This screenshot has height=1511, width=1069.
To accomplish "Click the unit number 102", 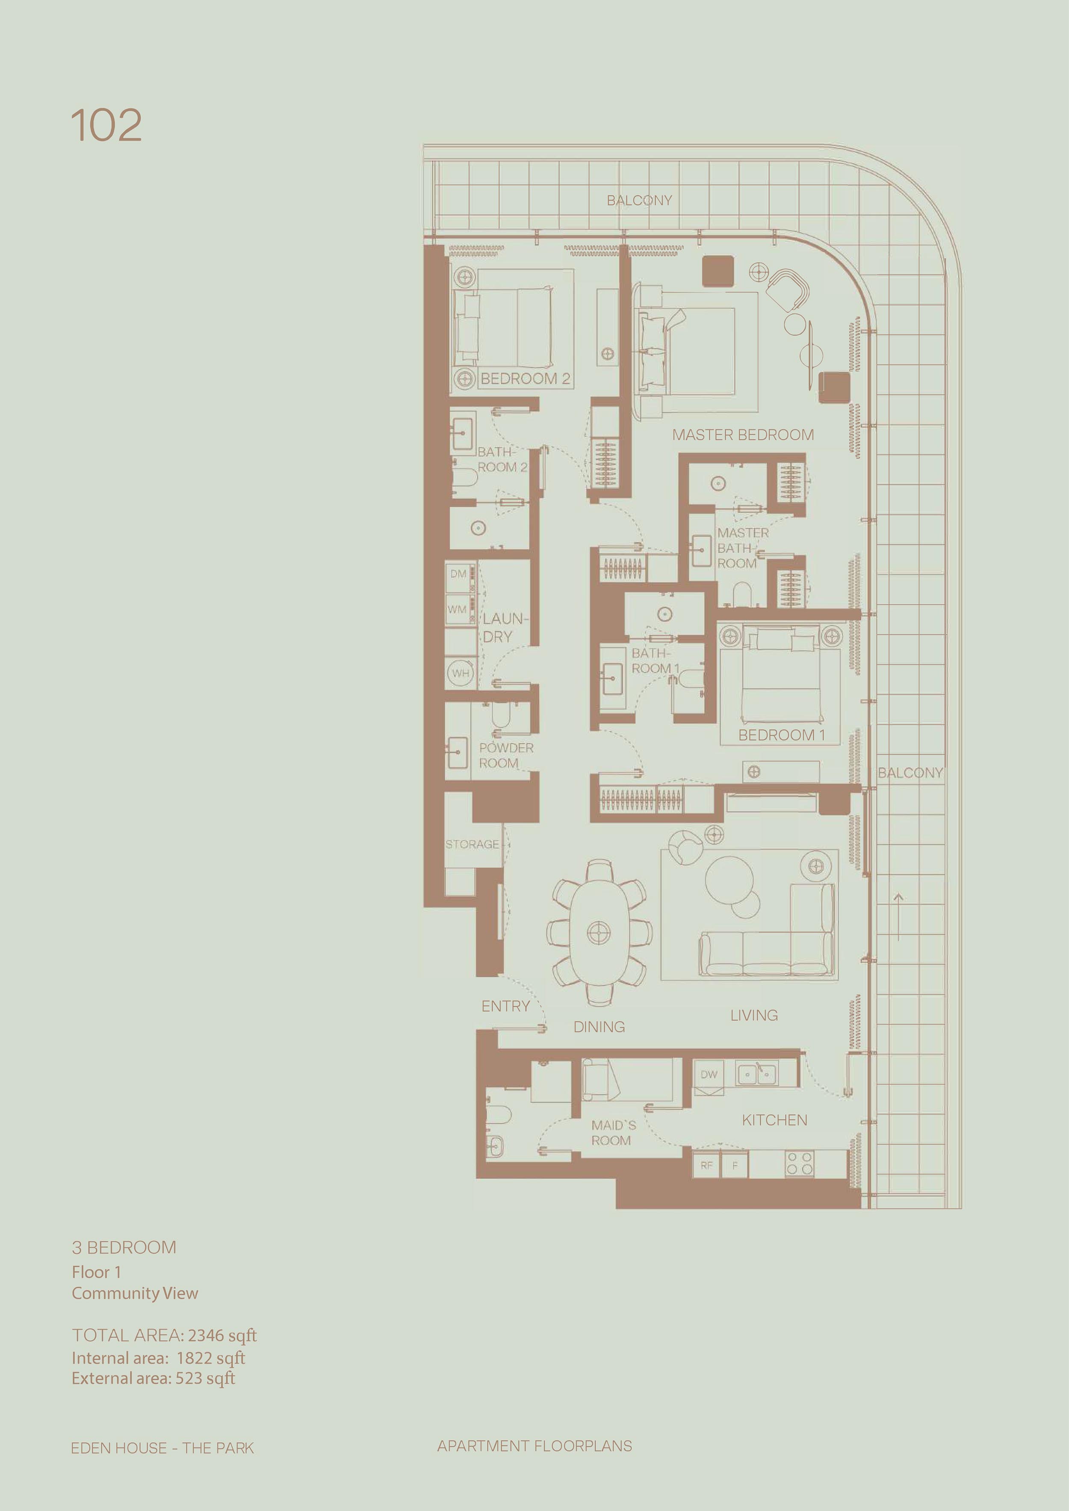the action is point(106,125).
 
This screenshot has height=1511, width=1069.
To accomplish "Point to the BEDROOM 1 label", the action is point(781,735).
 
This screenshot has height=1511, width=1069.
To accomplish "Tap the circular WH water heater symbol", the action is point(461,673).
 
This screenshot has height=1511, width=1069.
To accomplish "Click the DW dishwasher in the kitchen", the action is point(709,1075).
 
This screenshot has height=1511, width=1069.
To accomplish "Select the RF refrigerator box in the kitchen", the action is point(706,1165).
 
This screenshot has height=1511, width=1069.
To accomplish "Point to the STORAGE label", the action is point(472,844).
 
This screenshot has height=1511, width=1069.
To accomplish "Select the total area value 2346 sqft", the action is point(222,1335).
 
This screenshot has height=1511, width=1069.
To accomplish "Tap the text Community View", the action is point(135,1293).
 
